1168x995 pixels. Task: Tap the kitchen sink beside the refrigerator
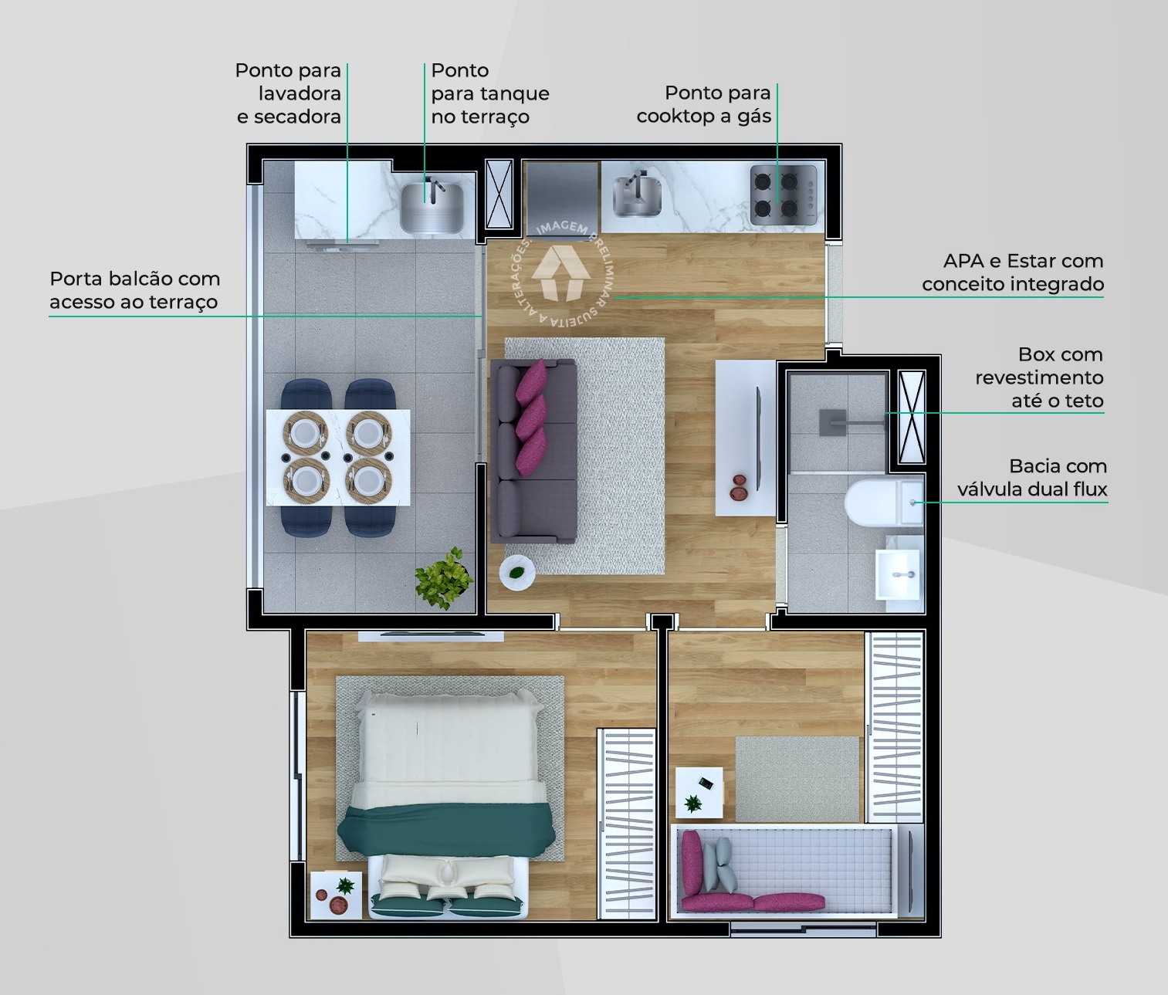[638, 196]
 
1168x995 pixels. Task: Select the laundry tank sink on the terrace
[431, 206]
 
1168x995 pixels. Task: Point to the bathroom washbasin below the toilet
[899, 574]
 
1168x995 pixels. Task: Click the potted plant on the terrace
[444, 578]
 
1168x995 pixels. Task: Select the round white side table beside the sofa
[516, 573]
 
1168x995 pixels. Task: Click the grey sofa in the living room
[533, 451]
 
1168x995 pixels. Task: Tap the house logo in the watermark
[561, 272]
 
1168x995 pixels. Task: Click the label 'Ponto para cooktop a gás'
[704, 104]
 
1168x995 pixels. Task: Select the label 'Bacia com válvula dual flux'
[1032, 478]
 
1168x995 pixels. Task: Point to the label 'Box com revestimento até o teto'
[1039, 377]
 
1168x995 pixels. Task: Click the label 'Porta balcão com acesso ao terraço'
[134, 290]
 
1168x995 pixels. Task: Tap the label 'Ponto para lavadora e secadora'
[288, 93]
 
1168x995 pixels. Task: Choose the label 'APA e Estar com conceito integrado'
[1013, 272]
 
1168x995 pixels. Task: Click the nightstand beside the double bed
[335, 895]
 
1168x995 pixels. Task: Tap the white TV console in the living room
[745, 437]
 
